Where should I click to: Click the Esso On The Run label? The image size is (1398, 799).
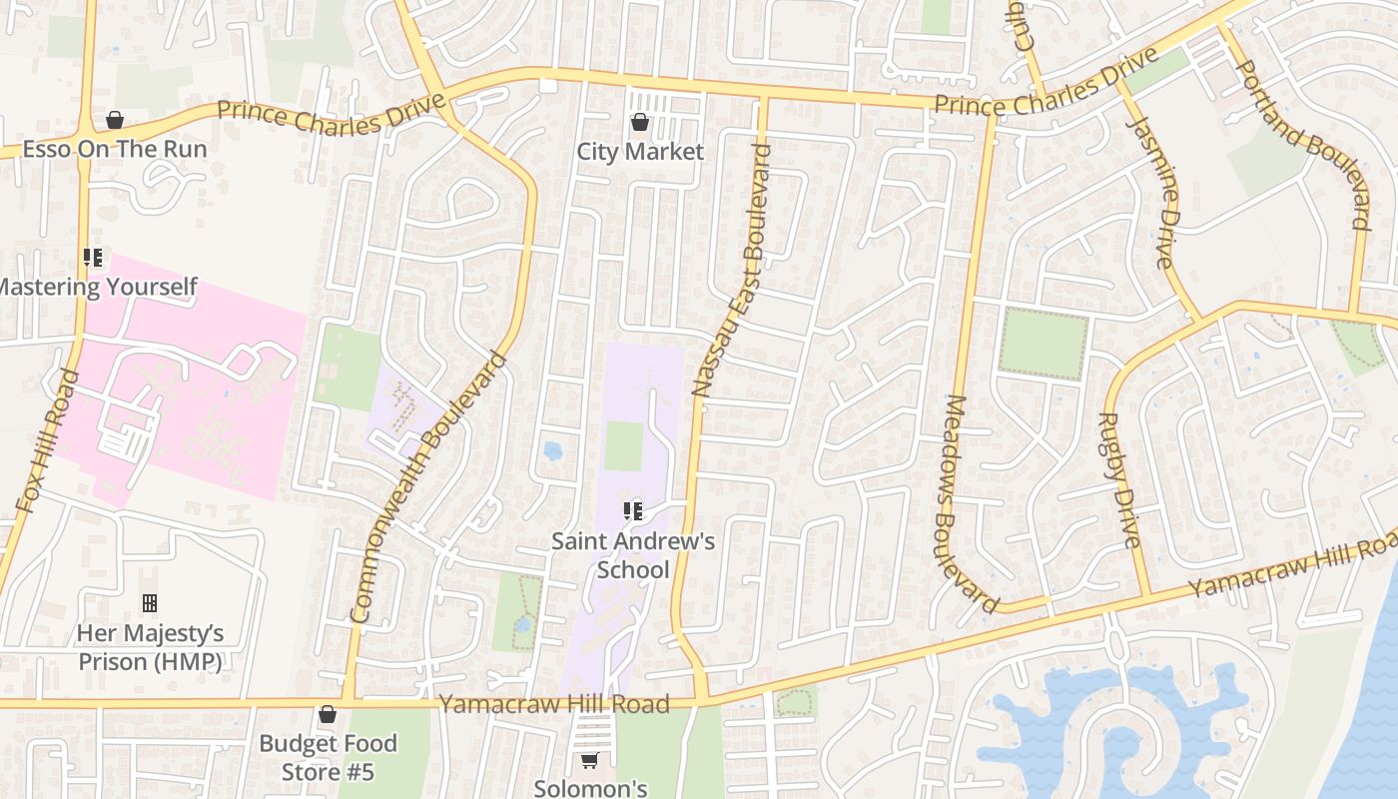coord(114,150)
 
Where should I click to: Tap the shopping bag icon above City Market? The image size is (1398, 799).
coord(640,122)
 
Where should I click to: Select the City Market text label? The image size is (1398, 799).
coord(640,152)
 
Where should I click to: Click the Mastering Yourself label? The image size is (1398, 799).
coord(98,288)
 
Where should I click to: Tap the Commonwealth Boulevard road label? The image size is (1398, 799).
coord(429,488)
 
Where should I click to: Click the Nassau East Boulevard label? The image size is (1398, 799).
coord(732,271)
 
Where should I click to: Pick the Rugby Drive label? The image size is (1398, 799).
coord(1119,480)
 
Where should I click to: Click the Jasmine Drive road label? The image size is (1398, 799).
coord(1150,191)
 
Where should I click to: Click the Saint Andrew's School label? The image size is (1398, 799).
coord(633,555)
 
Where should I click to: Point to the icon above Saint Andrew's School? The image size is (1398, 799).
coord(632,512)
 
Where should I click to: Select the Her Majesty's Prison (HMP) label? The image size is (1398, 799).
coord(150,647)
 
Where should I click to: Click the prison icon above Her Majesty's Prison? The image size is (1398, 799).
coord(150,603)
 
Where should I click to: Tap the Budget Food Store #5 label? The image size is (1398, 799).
coord(328,757)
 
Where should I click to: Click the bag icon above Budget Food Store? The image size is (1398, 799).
coord(327,715)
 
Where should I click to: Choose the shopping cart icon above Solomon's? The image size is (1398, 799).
coord(590,761)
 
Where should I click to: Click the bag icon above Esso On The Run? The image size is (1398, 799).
coord(115,121)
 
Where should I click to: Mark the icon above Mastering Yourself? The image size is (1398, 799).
coord(93,259)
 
